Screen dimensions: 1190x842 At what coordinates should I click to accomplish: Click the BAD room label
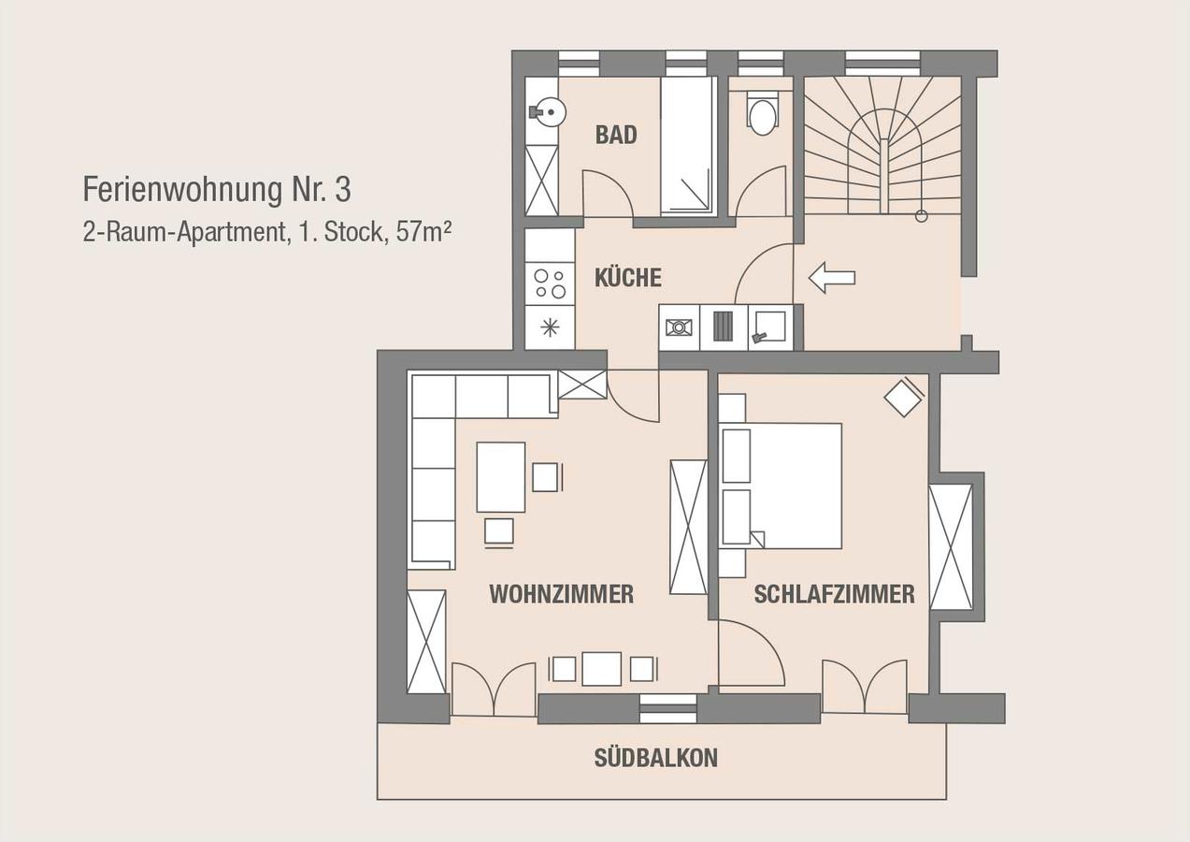616,135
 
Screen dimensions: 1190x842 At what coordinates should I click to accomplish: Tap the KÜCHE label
628,278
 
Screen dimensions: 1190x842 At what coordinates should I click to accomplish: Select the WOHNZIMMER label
562,594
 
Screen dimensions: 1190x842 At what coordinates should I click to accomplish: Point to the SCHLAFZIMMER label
834,594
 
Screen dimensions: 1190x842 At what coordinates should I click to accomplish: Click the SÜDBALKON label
655,758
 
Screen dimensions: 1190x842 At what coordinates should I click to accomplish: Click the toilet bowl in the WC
763,117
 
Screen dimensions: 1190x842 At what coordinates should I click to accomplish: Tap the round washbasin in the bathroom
551,112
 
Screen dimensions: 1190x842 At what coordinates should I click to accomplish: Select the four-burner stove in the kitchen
550,283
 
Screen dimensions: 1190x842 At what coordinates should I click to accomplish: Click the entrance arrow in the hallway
831,278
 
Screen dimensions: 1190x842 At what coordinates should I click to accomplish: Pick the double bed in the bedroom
780,486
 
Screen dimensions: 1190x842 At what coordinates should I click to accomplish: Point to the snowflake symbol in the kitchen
550,327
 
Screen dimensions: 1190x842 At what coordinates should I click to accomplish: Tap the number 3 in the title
343,190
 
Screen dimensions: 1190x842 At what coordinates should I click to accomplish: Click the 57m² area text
423,232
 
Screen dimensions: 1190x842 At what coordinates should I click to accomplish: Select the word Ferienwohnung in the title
182,191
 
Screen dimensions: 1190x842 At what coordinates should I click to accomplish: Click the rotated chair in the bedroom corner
903,397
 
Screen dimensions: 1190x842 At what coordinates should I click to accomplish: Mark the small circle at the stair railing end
922,216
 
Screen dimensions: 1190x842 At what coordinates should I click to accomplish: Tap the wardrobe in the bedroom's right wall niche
951,547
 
